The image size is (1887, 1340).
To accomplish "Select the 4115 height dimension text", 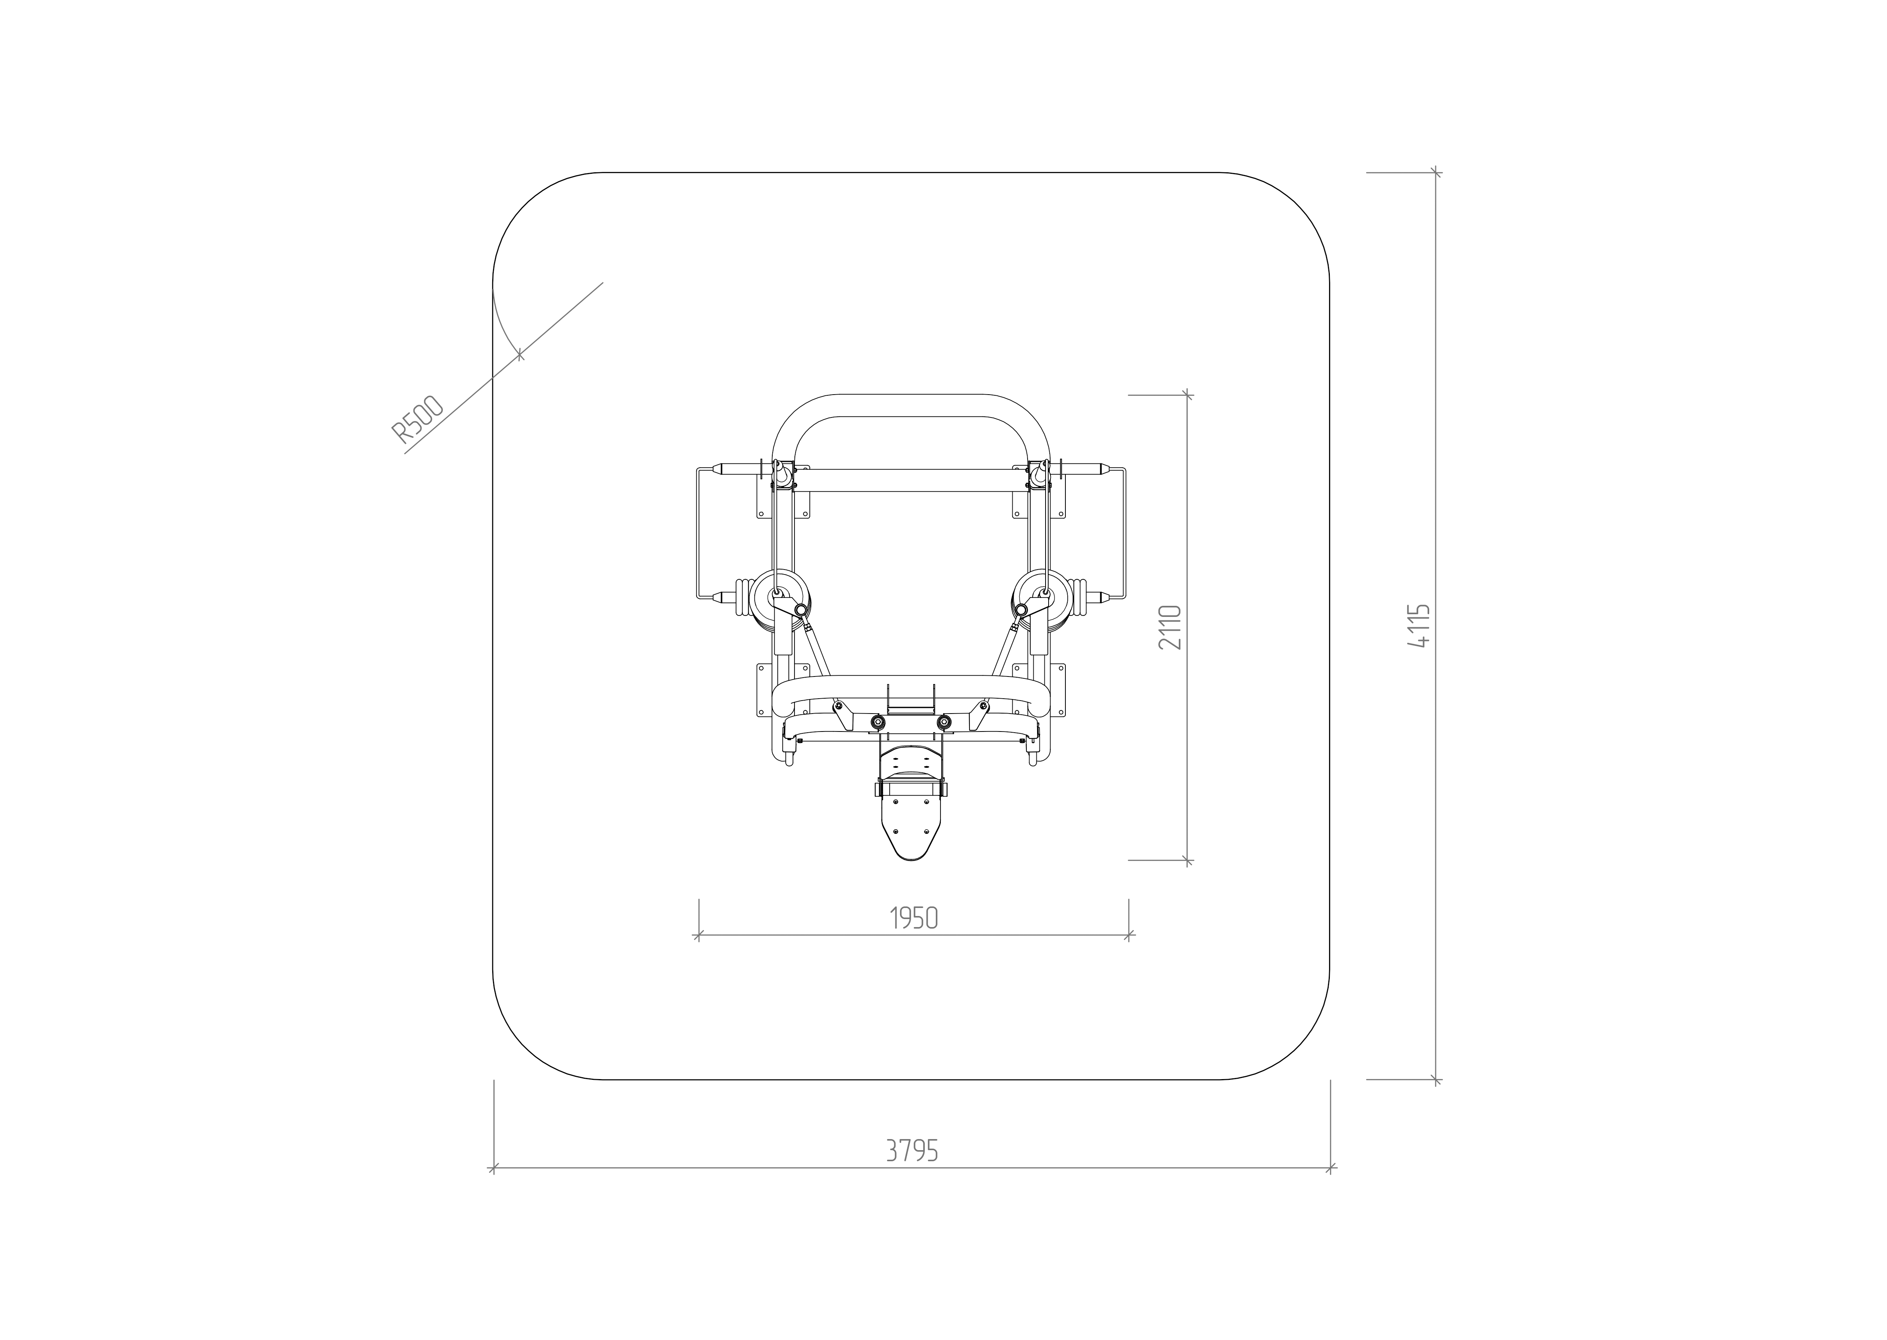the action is point(1419,626).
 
